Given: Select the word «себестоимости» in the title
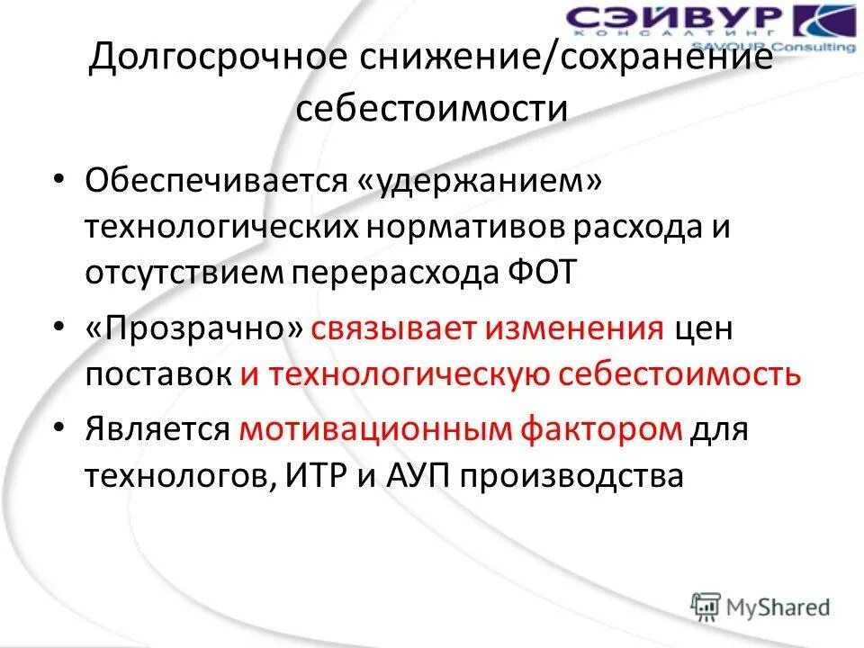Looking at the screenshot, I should [432, 109].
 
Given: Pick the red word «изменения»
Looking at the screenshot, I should [575, 328].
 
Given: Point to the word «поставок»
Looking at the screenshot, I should [157, 374].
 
